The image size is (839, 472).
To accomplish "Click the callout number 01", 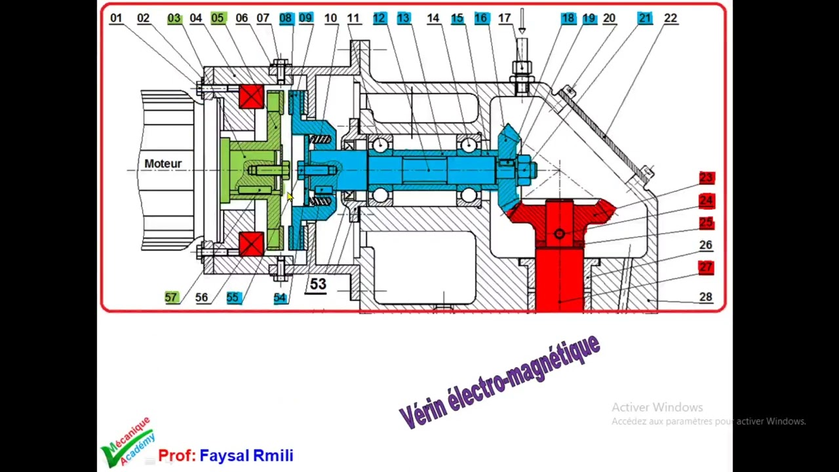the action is (x=116, y=18).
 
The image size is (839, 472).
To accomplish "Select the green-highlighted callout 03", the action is (x=174, y=18).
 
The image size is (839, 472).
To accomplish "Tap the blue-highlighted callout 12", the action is (x=380, y=18).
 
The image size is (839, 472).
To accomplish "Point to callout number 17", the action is (x=505, y=18).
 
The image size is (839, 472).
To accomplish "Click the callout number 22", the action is (x=671, y=18).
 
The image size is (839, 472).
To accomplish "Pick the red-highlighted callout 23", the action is (x=707, y=178).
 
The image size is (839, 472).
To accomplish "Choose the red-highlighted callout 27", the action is (x=706, y=267).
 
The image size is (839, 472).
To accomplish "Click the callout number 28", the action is (x=706, y=297).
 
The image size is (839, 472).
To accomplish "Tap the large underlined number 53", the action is (x=318, y=285).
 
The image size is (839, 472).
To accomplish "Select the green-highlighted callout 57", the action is (x=171, y=298).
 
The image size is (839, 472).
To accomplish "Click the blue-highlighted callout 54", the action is (x=280, y=298).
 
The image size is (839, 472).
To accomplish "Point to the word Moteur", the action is (x=163, y=164).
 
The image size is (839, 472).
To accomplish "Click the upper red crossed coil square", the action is (x=251, y=96).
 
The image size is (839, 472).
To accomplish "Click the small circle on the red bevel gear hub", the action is (x=559, y=234).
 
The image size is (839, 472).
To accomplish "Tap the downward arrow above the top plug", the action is (x=522, y=21).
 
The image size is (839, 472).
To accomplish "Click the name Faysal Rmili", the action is (x=246, y=456).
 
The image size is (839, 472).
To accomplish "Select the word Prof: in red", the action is (x=177, y=456).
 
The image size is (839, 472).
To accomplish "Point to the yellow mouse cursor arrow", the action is (x=290, y=197).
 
